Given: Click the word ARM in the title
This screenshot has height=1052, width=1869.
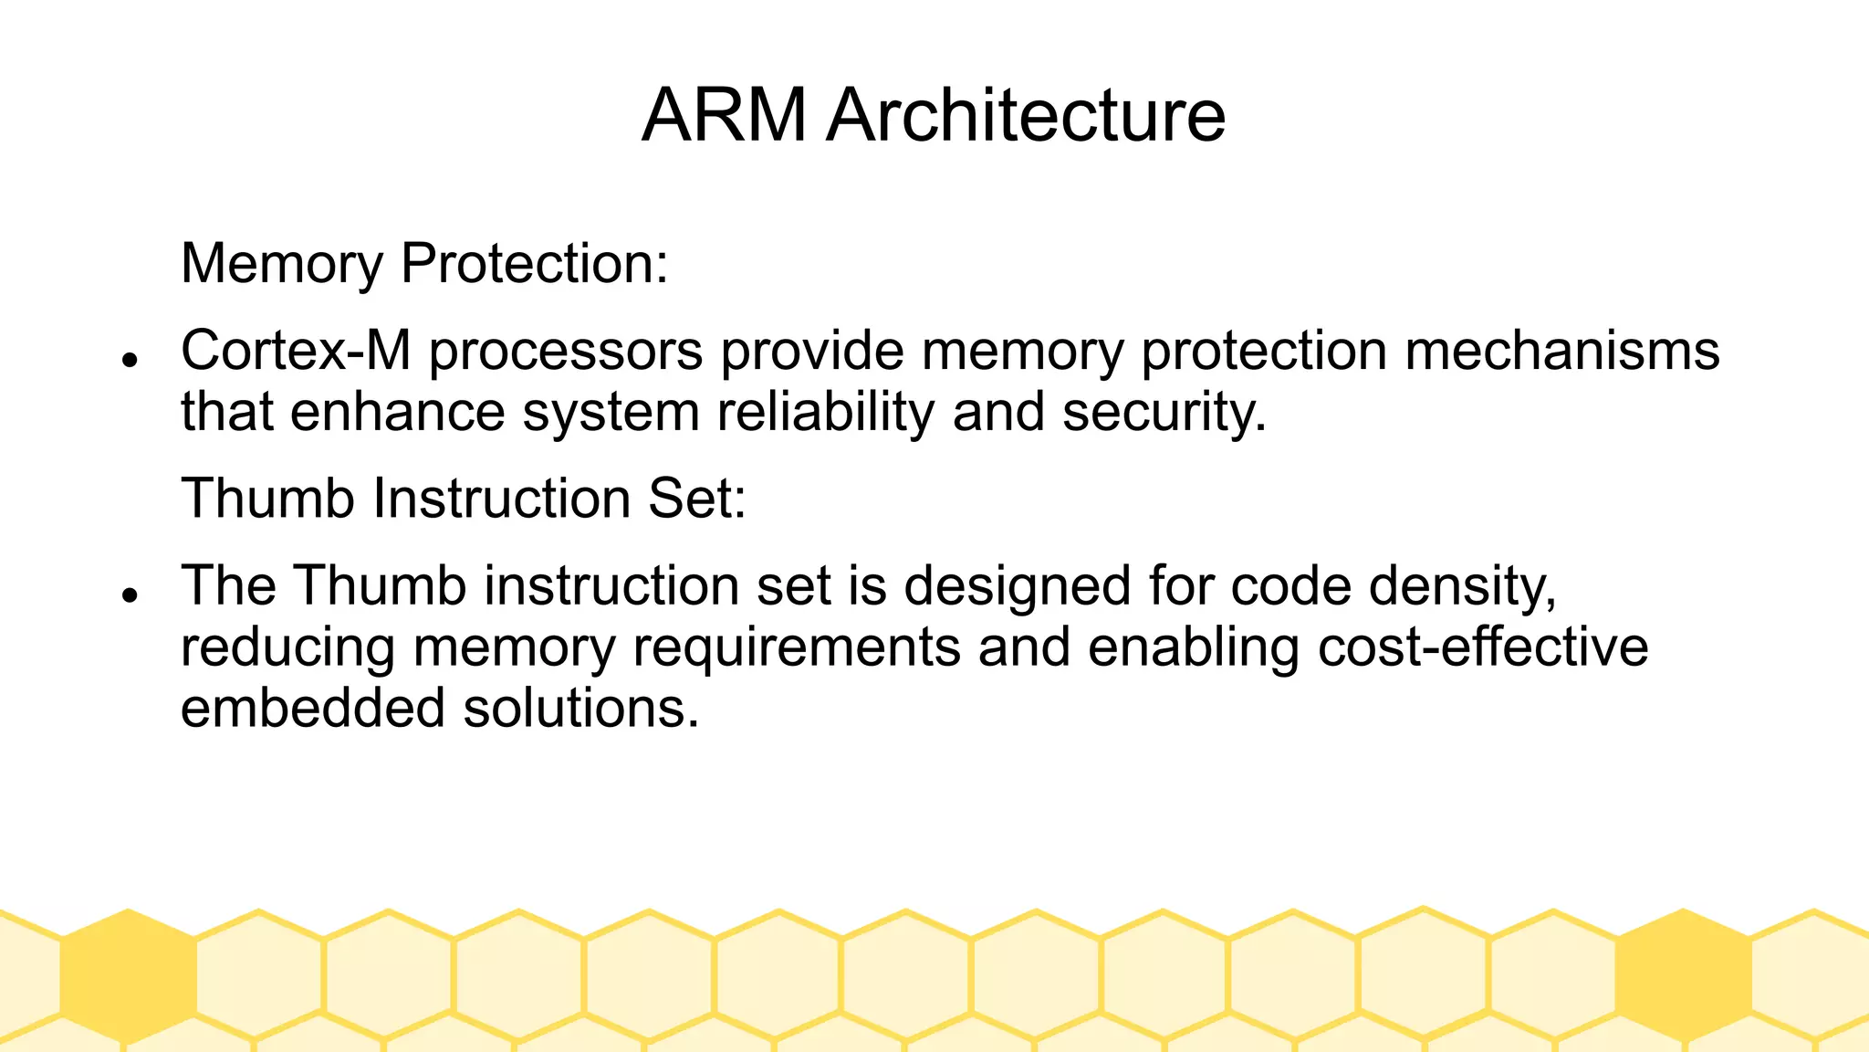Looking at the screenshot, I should [x=724, y=115].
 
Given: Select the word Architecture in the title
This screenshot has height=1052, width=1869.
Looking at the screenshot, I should [x=1025, y=115].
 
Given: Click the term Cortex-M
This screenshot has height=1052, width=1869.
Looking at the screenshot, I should [x=296, y=350].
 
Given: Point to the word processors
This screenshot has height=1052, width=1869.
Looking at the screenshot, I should [x=566, y=352].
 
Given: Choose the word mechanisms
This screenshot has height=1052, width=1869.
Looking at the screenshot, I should [x=1561, y=350].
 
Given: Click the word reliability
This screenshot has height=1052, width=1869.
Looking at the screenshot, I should [x=826, y=412].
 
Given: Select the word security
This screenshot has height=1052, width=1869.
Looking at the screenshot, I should [x=1164, y=412].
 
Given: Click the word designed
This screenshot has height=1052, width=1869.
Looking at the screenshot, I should [x=1018, y=586].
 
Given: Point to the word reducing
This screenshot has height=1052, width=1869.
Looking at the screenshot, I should [x=288, y=647].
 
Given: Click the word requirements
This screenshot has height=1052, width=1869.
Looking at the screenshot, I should [x=797, y=647].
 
